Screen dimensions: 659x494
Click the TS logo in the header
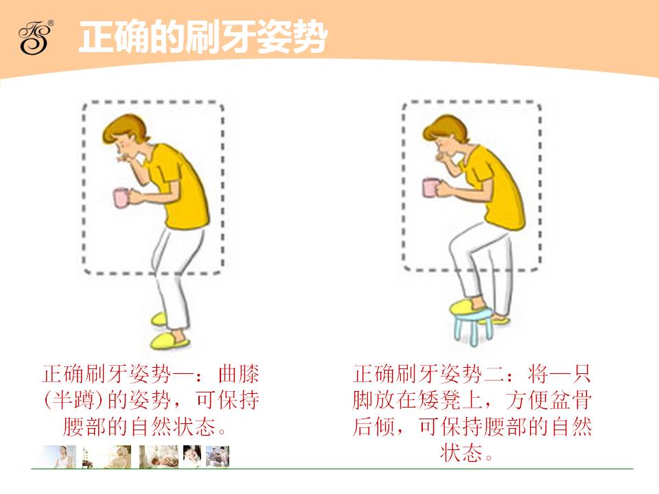(36, 37)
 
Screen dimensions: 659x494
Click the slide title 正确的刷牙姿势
(203, 37)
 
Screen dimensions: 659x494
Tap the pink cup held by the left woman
(121, 198)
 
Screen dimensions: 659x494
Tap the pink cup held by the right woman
(430, 187)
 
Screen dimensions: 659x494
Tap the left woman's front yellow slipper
(170, 341)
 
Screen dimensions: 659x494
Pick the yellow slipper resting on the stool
(467, 306)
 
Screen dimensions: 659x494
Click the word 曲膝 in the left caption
(239, 374)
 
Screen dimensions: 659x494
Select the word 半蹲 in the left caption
(76, 400)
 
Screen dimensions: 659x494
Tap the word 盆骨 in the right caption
(570, 400)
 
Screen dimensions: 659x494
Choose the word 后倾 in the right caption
(374, 426)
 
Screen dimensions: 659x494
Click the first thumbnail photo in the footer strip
(60, 457)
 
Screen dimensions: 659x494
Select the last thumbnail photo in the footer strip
(218, 457)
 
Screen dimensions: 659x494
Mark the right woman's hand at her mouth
(442, 158)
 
